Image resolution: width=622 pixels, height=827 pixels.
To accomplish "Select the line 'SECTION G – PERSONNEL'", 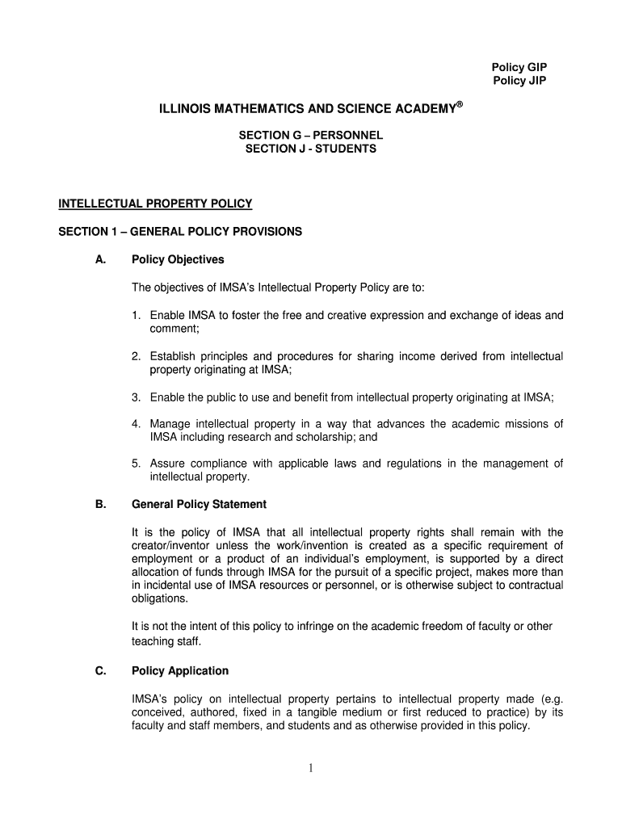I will point(310,135).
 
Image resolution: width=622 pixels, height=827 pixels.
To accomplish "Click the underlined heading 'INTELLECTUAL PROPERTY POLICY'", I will point(155,204).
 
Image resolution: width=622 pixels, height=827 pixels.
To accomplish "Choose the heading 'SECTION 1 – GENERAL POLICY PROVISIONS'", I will point(180,232).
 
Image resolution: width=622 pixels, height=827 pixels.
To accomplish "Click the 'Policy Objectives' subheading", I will point(178,260).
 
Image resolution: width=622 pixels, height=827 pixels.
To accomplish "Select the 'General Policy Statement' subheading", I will point(199,505).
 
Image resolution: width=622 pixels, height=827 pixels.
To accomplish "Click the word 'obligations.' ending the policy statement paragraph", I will point(159,599).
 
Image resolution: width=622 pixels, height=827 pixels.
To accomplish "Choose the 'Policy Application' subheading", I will point(180,671).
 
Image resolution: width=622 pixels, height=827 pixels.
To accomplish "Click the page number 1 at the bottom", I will point(310,768).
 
